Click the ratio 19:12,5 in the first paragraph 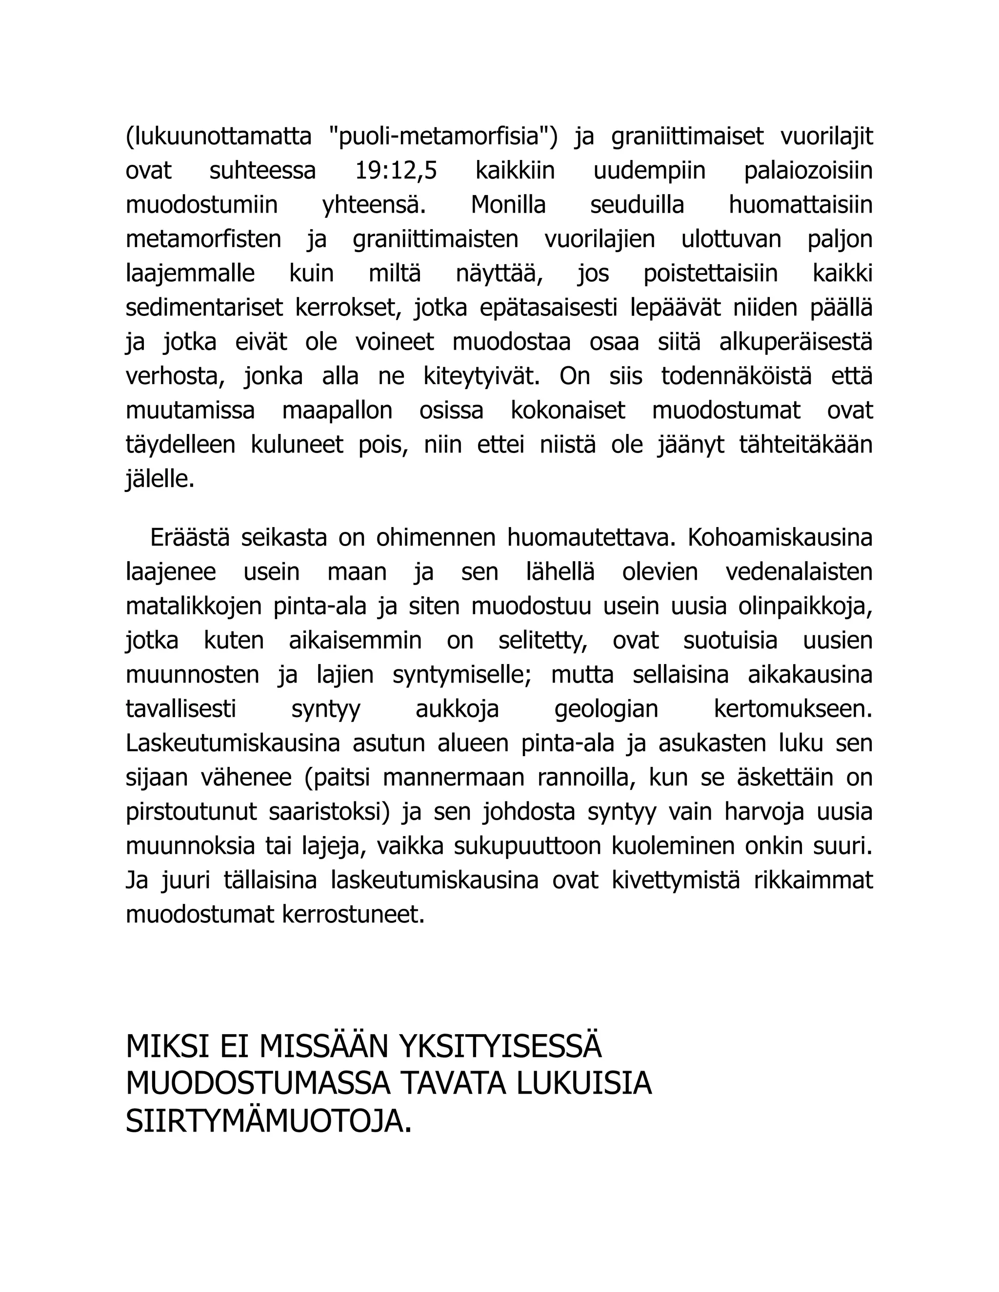395,171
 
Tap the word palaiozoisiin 808,171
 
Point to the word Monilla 508,205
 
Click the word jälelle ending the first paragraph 160,479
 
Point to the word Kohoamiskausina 780,538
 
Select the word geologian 606,709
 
